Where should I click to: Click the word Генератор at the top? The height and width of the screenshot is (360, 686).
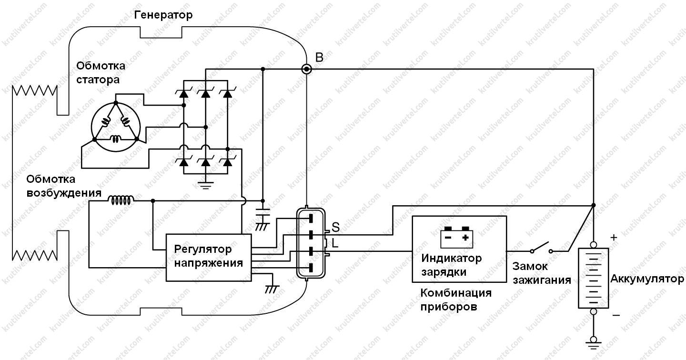163,15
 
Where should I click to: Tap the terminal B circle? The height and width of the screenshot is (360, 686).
307,69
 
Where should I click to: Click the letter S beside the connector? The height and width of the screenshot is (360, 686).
336,227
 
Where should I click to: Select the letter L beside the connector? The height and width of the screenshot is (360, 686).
335,243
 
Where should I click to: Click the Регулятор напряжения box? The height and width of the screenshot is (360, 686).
209,258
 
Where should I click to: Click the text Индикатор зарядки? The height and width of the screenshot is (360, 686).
452,265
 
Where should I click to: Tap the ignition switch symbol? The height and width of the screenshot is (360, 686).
541,249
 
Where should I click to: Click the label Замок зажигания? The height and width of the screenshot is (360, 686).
542,273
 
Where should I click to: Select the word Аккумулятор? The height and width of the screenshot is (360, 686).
647,279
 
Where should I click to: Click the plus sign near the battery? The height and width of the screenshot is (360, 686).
614,238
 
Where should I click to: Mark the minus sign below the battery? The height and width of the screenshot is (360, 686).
616,315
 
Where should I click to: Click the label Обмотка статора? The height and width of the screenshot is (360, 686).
101,72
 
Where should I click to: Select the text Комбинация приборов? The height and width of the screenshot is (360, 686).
456,300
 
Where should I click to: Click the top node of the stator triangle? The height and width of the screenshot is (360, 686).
116,103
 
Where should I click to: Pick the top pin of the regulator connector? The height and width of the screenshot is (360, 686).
311,219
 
